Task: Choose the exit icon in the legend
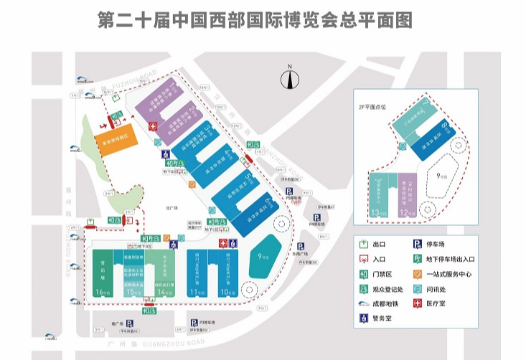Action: click(x=363, y=245)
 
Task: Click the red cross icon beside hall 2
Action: click(x=152, y=126)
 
